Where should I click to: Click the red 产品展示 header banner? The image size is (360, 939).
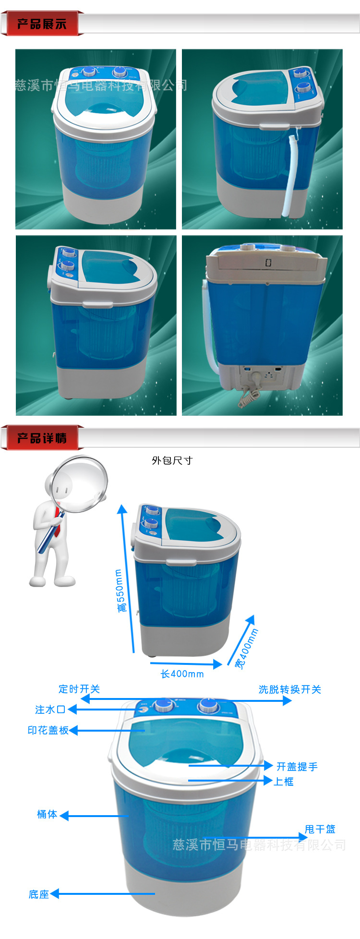pyautogui.click(x=42, y=24)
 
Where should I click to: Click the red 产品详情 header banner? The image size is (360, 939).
pyautogui.click(x=42, y=438)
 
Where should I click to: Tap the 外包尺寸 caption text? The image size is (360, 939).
pyautogui.click(x=172, y=460)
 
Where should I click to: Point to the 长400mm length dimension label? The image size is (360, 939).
pyautogui.click(x=182, y=674)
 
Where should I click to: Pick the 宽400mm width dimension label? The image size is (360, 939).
pyautogui.click(x=247, y=649)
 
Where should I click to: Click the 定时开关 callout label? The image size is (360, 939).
pyautogui.click(x=79, y=689)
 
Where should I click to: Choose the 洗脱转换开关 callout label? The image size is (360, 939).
pyautogui.click(x=290, y=689)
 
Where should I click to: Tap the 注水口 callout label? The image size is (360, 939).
pyautogui.click(x=50, y=710)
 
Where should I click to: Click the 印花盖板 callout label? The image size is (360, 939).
pyautogui.click(x=48, y=730)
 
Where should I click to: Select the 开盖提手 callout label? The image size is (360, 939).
pyautogui.click(x=297, y=767)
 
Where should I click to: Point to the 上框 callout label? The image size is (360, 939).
pyautogui.click(x=284, y=782)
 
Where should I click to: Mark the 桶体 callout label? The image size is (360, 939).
pyautogui.click(x=47, y=814)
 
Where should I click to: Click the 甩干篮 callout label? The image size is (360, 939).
pyautogui.click(x=320, y=829)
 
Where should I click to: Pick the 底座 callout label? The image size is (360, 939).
pyautogui.click(x=39, y=894)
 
